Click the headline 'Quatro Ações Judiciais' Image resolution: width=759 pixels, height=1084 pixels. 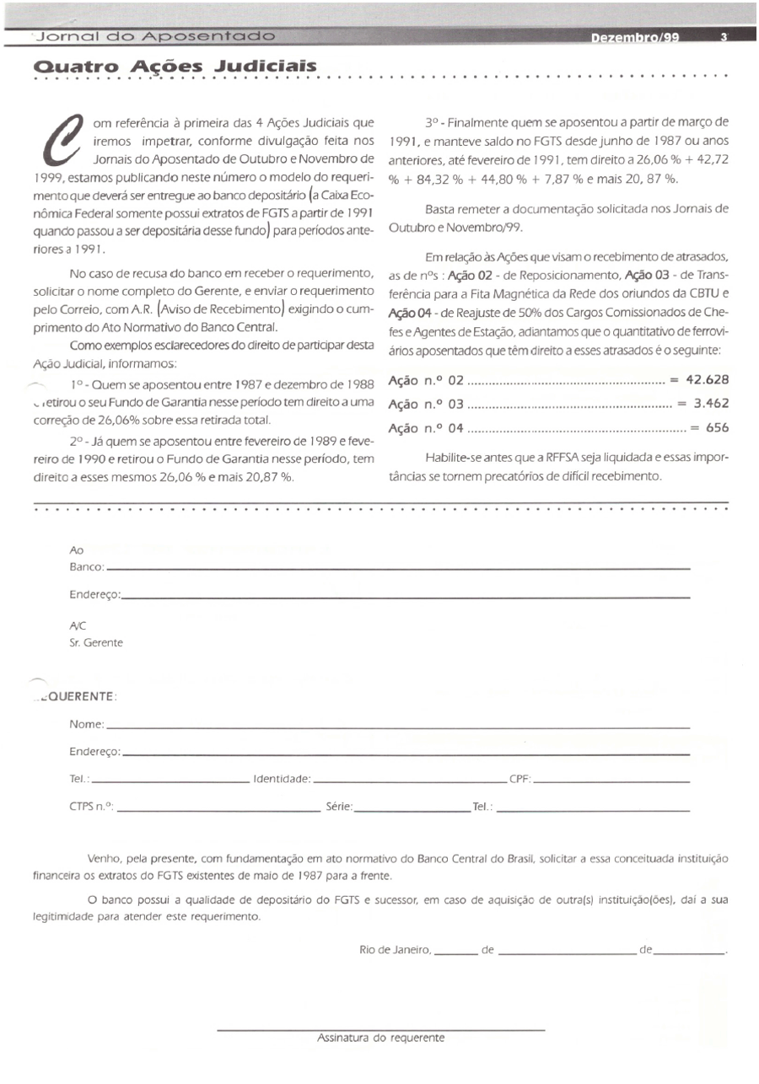pyautogui.click(x=175, y=67)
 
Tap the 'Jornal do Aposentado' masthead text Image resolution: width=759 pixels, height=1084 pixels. pyautogui.click(x=152, y=37)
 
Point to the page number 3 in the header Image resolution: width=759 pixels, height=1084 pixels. pyautogui.click(x=724, y=38)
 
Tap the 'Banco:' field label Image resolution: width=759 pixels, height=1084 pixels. pyautogui.click(x=87, y=567)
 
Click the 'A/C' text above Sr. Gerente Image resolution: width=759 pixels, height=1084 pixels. pyautogui.click(x=78, y=625)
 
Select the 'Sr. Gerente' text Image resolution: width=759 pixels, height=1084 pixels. pyautogui.click(x=96, y=642)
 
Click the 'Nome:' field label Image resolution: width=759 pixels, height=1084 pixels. pyautogui.click(x=87, y=724)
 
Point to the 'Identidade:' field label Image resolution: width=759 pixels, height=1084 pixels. pyautogui.click(x=282, y=780)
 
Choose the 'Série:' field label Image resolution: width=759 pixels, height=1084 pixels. pyautogui.click(x=339, y=807)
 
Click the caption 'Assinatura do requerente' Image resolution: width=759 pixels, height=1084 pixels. pyautogui.click(x=380, y=1038)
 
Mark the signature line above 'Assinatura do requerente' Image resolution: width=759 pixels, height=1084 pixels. pyautogui.click(x=380, y=1029)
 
